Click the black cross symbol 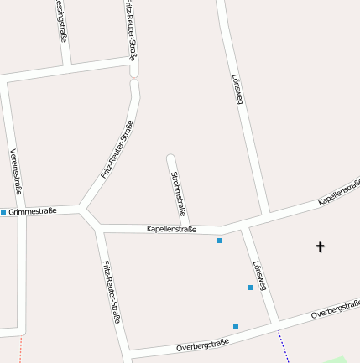click(320, 246)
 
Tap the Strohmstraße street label click(178, 194)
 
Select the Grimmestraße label click(33, 211)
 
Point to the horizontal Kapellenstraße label click(171, 228)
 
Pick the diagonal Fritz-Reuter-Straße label click(117, 149)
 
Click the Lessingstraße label click(61, 21)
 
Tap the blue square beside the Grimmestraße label click(3, 213)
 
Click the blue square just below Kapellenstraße click(220, 241)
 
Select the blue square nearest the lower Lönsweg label click(251, 288)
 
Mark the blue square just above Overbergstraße click(236, 325)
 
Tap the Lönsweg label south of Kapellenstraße click(259, 276)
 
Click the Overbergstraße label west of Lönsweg click(202, 344)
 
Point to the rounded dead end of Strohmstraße click(170, 158)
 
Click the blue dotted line click(283, 346)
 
